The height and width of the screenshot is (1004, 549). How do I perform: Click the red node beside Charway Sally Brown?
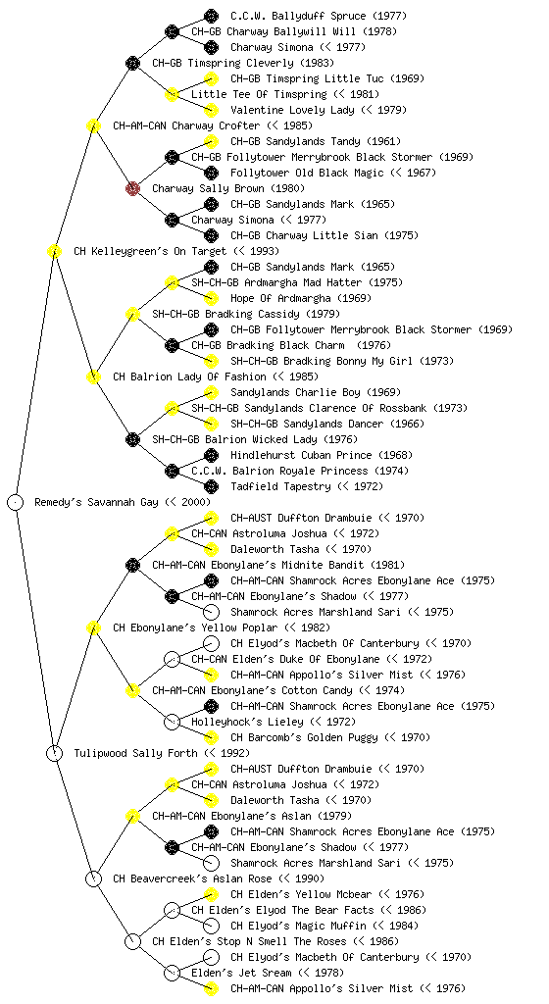(x=132, y=188)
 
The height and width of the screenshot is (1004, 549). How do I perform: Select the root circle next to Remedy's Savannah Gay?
(x=16, y=502)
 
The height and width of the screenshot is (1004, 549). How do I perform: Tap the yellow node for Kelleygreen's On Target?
(x=54, y=251)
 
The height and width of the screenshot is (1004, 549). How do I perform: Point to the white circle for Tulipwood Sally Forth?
(x=54, y=753)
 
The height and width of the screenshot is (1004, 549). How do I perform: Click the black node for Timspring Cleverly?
(x=132, y=63)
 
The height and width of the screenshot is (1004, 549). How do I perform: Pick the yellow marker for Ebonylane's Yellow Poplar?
(x=93, y=627)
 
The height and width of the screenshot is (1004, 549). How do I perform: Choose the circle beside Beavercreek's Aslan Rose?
(x=93, y=878)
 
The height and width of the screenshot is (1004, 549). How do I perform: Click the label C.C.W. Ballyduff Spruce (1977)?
(x=318, y=16)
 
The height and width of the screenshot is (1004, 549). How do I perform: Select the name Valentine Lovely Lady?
(x=292, y=110)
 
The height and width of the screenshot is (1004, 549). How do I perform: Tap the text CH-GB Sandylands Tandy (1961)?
(x=316, y=141)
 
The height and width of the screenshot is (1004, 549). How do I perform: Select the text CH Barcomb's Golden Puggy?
(x=304, y=737)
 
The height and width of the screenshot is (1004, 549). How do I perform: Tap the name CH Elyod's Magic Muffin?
(x=298, y=926)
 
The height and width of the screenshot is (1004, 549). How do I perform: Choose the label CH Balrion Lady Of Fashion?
(x=189, y=376)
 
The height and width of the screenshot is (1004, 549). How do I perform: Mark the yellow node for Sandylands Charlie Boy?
(x=211, y=392)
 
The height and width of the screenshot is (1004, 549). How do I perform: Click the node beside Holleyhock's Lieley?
(x=172, y=722)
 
